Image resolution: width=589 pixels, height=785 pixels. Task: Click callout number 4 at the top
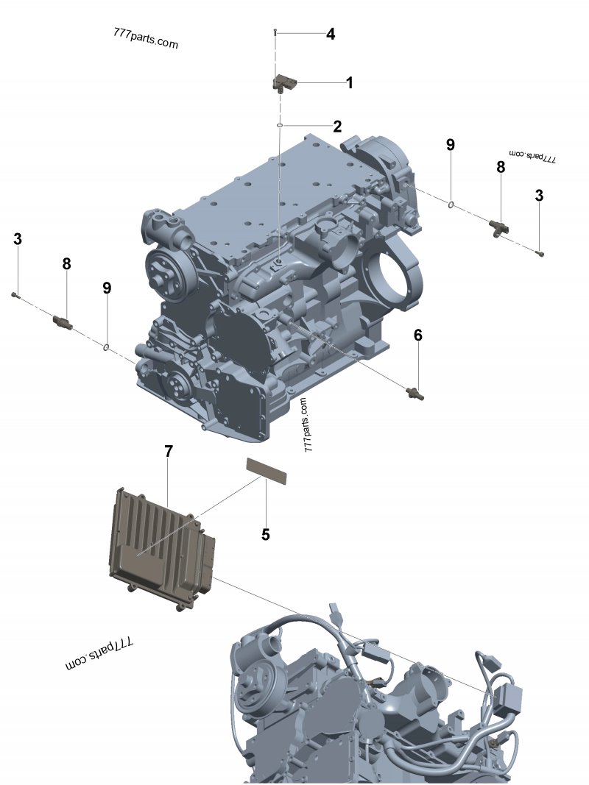[331, 34]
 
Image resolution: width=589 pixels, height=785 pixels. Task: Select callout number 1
[350, 82]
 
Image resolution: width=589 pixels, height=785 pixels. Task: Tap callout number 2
[338, 127]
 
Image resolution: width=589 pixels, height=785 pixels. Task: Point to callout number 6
[418, 335]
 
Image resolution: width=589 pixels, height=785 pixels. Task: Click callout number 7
[169, 452]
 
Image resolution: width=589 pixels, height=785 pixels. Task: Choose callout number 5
[266, 535]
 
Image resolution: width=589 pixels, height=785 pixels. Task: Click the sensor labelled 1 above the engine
[284, 83]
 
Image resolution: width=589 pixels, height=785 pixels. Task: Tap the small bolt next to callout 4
[275, 32]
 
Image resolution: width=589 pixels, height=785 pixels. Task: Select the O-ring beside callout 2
[281, 125]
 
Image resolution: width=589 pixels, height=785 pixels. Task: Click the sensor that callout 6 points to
[415, 394]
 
